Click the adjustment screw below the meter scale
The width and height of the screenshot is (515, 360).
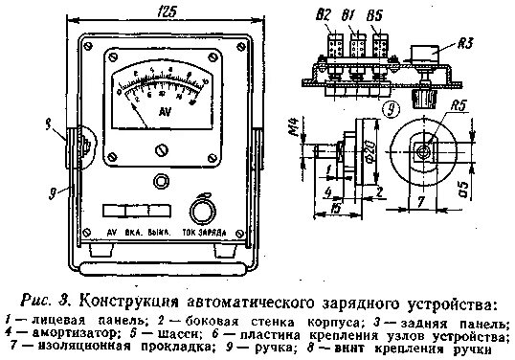(x=161, y=148)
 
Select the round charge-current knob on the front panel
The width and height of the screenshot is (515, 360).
(x=201, y=211)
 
